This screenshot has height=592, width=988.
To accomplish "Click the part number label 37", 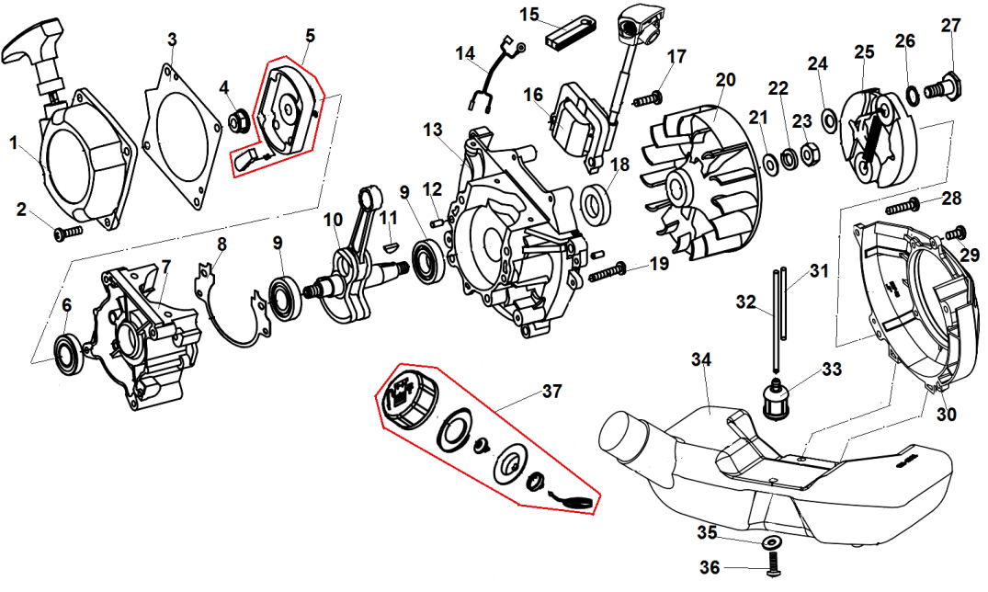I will point(551,392).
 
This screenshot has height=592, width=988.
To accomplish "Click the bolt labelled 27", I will point(945,88).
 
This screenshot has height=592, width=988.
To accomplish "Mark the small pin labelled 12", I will point(435,222).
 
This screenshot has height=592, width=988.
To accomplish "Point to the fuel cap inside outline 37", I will point(406,398).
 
